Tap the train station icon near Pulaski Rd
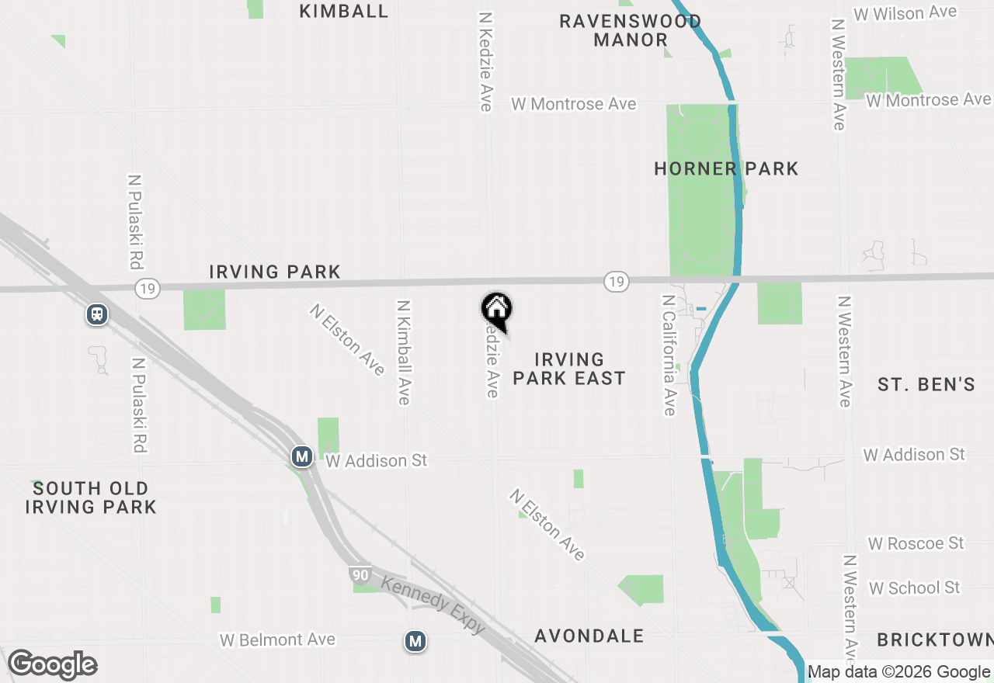point(97,314)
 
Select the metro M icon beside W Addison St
point(302,456)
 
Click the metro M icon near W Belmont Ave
point(416,641)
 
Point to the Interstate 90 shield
point(359,575)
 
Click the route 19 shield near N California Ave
point(616,282)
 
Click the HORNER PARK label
point(726,168)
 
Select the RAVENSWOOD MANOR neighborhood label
point(631,30)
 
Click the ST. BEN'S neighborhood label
point(926,384)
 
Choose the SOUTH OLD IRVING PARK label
point(91,498)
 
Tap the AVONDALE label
point(589,636)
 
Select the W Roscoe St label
point(916,543)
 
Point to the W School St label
point(915,588)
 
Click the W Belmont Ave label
point(277,640)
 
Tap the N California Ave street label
point(669,354)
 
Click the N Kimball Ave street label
point(403,352)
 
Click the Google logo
point(53,665)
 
